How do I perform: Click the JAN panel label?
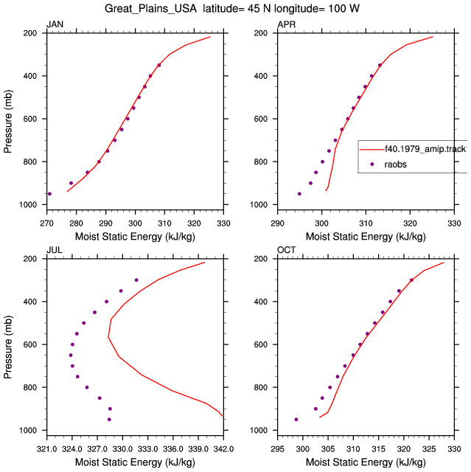pyautogui.click(x=55, y=24)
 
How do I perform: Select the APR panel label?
pyautogui.click(x=286, y=24)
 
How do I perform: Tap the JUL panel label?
pyautogui.click(x=55, y=250)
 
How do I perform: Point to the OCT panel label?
pyautogui.click(x=286, y=250)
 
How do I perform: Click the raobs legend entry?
pyautogui.click(x=395, y=164)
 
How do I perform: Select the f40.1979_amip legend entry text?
pyautogui.click(x=426, y=149)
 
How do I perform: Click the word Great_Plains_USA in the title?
pyautogui.click(x=150, y=9)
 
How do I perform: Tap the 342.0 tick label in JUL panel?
pyautogui.click(x=223, y=449)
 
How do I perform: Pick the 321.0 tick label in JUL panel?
pyautogui.click(x=46, y=449)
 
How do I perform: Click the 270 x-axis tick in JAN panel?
pyautogui.click(x=46, y=223)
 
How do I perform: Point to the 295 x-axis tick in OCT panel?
pyautogui.click(x=277, y=449)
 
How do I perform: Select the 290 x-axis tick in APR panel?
pyautogui.click(x=277, y=223)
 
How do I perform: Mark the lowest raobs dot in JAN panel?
pyautogui.click(x=49, y=194)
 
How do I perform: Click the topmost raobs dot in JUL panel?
pyautogui.click(x=136, y=280)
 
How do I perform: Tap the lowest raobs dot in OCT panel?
pyautogui.click(x=296, y=420)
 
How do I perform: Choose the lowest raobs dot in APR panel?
pyautogui.click(x=299, y=194)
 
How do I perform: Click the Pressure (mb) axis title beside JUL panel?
pyautogui.click(x=8, y=347)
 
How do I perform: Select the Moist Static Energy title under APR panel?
pyautogui.click(x=366, y=237)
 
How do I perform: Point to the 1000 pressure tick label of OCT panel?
pyautogui.click(x=259, y=430)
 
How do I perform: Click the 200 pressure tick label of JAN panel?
pyautogui.click(x=29, y=33)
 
